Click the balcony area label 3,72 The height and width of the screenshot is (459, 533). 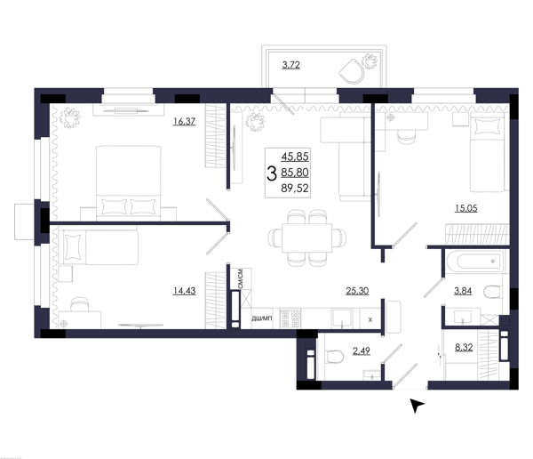point(291,65)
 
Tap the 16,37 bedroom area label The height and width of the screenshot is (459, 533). point(184,121)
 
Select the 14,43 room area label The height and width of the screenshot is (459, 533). point(184,291)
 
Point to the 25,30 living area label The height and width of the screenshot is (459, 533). point(357,291)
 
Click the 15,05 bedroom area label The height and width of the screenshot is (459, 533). point(466,208)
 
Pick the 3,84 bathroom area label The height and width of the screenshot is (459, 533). point(463,291)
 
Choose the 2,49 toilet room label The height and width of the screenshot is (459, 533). point(362,350)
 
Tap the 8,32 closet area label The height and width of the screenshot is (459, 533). point(464,348)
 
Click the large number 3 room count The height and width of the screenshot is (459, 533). point(271,173)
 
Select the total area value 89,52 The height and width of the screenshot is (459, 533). point(295,189)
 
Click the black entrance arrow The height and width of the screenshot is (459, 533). point(417,405)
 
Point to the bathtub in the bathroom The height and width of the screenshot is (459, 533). point(474,262)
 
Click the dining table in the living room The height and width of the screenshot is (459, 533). point(307,238)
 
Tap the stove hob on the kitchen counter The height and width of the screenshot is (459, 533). point(290,318)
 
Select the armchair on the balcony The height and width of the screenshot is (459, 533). point(352,71)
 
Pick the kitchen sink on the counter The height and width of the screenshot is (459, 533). point(342,318)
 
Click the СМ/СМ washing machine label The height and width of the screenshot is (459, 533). point(241,279)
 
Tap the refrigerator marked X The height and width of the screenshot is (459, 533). point(370,318)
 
